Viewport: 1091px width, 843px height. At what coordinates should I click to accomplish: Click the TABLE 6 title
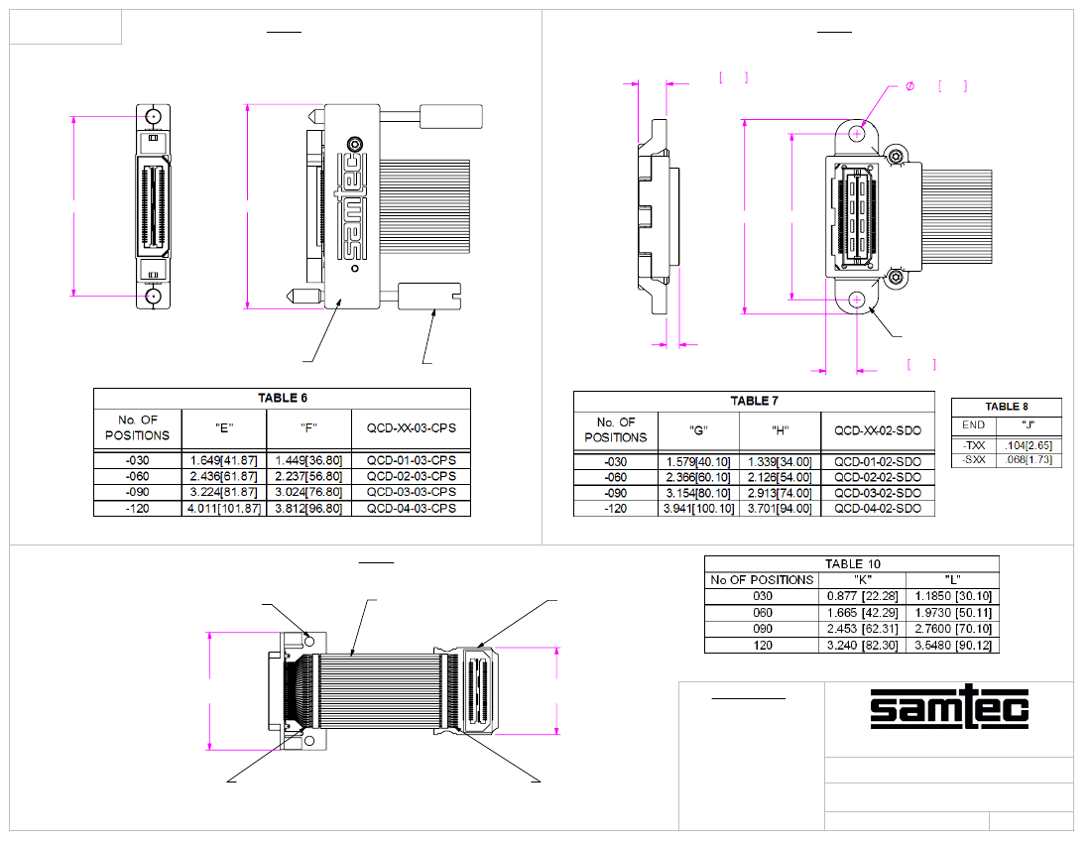(x=283, y=398)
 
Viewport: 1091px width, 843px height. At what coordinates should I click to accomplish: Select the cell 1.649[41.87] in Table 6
(x=224, y=460)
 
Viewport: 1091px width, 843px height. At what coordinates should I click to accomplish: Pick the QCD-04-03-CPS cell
(x=411, y=509)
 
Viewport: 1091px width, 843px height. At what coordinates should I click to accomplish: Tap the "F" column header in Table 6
(x=308, y=428)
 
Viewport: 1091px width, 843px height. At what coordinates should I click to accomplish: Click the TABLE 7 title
(x=754, y=401)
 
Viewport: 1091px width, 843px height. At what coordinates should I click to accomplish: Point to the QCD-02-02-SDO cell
(x=878, y=477)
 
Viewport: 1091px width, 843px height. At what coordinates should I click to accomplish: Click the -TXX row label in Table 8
(x=973, y=446)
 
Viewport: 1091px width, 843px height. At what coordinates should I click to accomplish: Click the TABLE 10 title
(x=851, y=563)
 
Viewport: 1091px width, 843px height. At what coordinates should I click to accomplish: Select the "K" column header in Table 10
(x=862, y=580)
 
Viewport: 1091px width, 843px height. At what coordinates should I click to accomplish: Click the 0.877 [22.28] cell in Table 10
(x=862, y=596)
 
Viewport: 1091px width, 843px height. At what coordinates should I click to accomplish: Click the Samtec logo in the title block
(x=949, y=707)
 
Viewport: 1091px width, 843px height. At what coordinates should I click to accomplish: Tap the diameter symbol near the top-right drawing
(x=909, y=87)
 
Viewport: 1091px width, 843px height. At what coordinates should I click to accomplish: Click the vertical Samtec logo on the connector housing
(x=354, y=206)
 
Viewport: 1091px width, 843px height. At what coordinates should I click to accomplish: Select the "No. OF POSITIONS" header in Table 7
(x=616, y=430)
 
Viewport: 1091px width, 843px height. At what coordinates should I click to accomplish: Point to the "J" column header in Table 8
(x=1028, y=425)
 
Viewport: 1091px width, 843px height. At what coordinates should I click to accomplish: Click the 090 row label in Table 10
(x=761, y=629)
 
